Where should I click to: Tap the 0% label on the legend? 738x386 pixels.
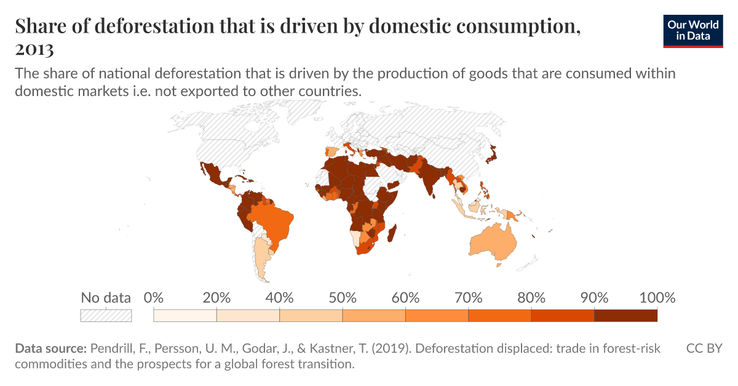153,299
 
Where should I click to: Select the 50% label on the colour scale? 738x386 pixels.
343,299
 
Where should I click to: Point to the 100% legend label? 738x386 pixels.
657,299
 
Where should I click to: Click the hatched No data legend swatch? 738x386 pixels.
106,315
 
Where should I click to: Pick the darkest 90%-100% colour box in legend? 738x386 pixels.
625,315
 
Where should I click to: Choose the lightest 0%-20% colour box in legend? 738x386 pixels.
185,315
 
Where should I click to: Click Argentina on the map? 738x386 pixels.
263,259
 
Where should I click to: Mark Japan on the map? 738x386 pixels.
490,155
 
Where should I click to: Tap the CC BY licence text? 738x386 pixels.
704,348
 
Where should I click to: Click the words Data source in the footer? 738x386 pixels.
50,348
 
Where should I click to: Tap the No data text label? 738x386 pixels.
106,299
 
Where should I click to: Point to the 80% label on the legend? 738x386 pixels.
531,299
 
